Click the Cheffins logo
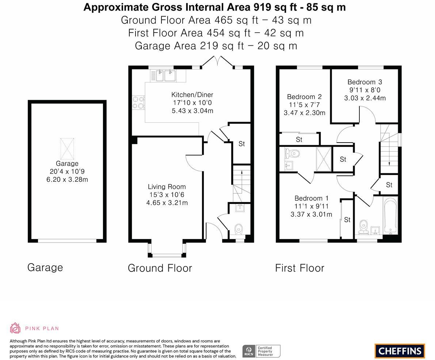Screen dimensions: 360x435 click(400, 351)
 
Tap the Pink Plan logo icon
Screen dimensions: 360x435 click(15, 328)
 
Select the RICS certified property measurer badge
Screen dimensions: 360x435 click(261, 351)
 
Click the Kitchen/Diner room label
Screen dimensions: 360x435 click(192, 95)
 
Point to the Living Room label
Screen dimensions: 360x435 click(167, 187)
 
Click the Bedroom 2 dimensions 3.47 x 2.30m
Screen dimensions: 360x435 click(304, 113)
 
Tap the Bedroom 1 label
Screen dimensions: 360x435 click(309, 198)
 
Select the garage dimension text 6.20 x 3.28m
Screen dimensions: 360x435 click(67, 179)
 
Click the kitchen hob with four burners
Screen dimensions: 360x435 click(138, 102)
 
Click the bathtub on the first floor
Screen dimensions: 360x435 click(390, 216)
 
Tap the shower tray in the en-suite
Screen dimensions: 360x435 click(324, 159)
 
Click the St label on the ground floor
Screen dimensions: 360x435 click(241, 144)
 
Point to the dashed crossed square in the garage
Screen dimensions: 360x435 click(67, 149)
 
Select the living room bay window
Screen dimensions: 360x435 click(167, 250)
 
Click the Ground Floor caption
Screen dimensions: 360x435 click(160, 268)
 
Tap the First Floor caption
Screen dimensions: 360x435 click(299, 268)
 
